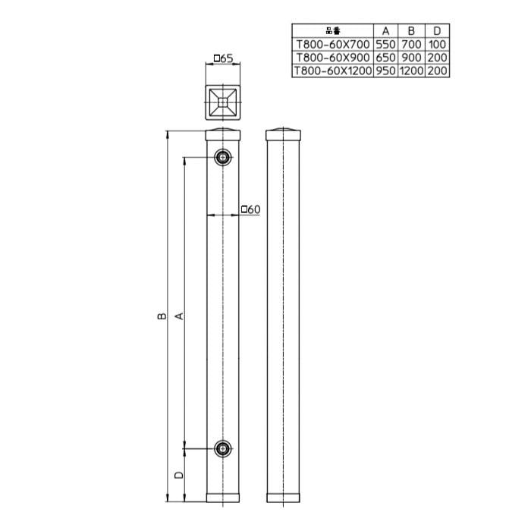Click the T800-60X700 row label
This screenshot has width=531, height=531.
click(333, 45)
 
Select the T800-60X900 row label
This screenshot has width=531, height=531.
click(333, 58)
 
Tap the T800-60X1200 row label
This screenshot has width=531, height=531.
click(333, 71)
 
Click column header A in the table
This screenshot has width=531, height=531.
click(385, 31)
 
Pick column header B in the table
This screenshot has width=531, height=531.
click(410, 31)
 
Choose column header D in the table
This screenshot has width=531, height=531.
click(437, 31)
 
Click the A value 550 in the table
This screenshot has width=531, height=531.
click(385, 45)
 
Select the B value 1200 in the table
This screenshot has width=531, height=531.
click(410, 71)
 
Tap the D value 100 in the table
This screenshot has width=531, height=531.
click(437, 45)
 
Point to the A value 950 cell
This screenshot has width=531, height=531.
click(385, 71)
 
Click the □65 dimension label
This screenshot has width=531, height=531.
click(222, 58)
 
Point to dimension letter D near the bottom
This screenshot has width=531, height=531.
click(178, 475)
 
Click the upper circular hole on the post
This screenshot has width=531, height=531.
click(223, 157)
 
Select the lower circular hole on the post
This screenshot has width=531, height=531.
click(223, 449)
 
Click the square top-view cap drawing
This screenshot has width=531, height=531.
click(223, 101)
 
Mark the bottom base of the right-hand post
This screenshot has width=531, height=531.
click(284, 498)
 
